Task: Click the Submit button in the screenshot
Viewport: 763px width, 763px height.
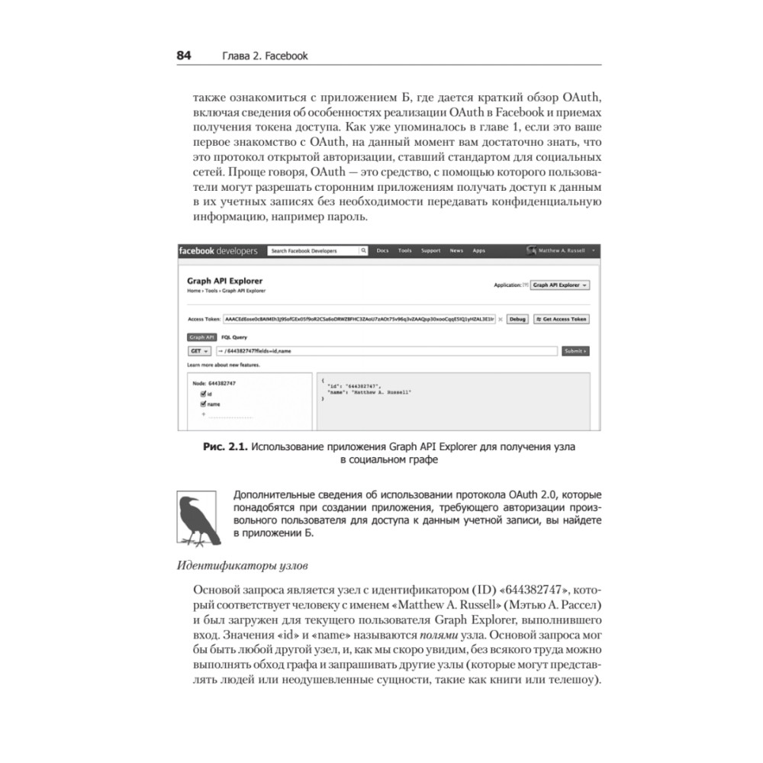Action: [x=575, y=351]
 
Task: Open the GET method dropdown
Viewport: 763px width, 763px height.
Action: [x=198, y=351]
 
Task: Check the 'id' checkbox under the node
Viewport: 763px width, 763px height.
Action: [x=204, y=394]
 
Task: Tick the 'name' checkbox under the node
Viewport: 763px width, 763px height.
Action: [x=204, y=404]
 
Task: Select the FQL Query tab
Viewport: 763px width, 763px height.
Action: [x=234, y=336]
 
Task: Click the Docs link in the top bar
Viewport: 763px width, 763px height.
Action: [x=383, y=250]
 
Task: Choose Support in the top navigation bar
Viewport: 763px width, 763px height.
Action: [x=430, y=250]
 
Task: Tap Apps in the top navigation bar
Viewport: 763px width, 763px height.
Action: [x=478, y=250]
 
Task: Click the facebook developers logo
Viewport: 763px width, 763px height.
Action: [x=218, y=250]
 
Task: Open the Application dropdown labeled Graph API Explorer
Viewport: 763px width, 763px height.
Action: [x=560, y=285]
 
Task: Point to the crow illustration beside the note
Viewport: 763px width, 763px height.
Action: [x=197, y=520]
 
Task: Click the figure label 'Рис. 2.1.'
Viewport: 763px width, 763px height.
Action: [x=225, y=447]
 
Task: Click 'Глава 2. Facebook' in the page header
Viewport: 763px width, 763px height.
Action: [x=264, y=56]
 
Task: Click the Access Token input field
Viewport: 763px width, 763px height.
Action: [x=359, y=319]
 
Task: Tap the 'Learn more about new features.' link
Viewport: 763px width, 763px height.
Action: [x=223, y=365]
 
